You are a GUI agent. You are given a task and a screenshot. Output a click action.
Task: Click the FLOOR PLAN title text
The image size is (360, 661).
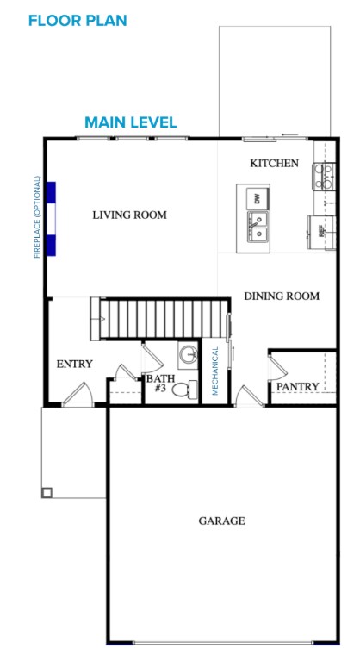tap(78, 20)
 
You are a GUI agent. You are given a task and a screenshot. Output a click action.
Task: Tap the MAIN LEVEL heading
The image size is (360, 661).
tap(131, 122)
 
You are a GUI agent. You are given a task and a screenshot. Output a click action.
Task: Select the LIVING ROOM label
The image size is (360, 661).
tap(130, 215)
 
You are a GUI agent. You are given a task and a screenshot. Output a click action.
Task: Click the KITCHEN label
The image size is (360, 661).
tap(274, 163)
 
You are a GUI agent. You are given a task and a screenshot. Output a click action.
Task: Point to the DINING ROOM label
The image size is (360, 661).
tap(282, 296)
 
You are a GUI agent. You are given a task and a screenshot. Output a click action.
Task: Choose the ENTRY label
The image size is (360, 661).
tap(74, 364)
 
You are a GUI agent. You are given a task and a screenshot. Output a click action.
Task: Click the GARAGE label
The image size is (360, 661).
tap(222, 521)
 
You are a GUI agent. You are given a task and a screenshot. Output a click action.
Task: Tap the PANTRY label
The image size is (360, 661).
tap(298, 387)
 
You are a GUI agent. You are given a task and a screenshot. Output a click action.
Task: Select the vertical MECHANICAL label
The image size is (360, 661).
tap(215, 371)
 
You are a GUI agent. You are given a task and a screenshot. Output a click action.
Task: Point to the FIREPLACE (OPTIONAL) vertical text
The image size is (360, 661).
tap(37, 217)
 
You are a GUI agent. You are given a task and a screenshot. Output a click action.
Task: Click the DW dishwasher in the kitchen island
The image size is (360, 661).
tap(256, 198)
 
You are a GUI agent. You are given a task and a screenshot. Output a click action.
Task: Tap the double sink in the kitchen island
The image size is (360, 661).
tap(258, 228)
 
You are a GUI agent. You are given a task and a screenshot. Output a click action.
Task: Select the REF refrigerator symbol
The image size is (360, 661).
tap(321, 231)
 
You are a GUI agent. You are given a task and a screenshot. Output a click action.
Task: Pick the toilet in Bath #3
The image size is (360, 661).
tap(182, 390)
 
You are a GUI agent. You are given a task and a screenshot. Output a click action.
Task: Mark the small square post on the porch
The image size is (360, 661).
tap(47, 493)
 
